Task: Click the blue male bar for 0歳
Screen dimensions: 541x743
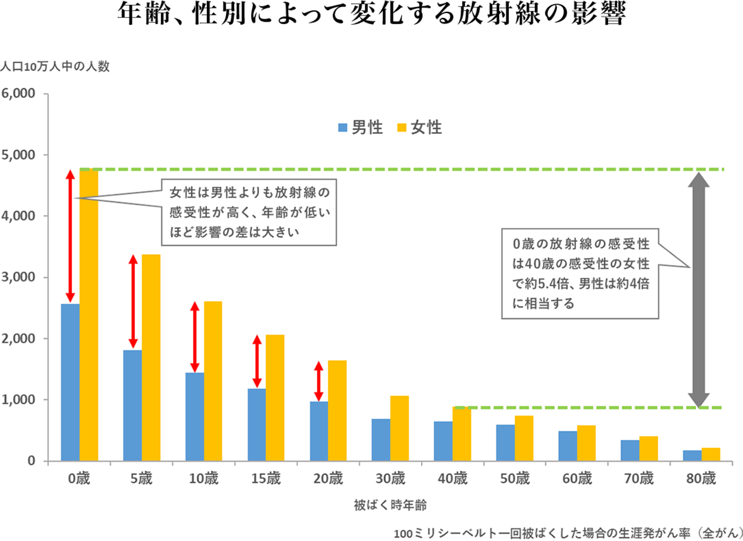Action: tap(71, 382)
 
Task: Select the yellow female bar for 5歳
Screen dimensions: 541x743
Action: tap(151, 358)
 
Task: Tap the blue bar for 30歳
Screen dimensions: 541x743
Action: tap(381, 440)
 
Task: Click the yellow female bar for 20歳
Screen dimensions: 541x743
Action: tap(337, 410)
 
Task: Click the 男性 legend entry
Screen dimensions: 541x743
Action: tap(360, 128)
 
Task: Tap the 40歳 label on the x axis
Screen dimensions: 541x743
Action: tap(452, 478)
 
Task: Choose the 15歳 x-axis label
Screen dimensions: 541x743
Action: tap(266, 478)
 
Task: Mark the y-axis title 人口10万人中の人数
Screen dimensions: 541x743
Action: tap(55, 67)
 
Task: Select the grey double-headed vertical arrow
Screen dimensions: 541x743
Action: tap(698, 289)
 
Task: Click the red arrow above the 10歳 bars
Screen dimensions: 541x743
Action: tap(194, 337)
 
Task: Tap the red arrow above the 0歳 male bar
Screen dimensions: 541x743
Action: tap(71, 235)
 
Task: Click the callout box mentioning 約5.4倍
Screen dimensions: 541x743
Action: tap(580, 273)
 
